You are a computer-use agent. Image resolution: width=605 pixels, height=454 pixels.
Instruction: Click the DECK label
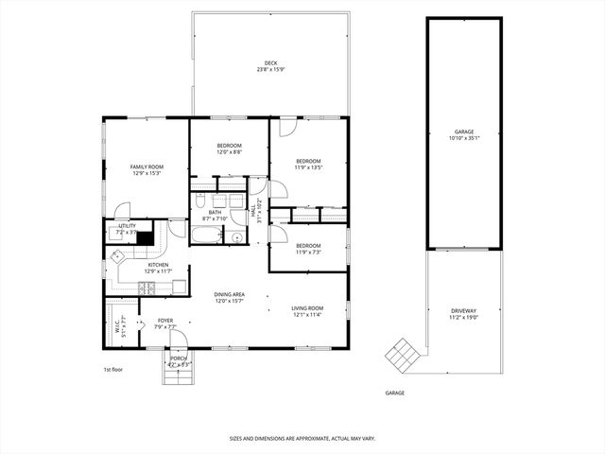270,63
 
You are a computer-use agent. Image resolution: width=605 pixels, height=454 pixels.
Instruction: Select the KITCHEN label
145,265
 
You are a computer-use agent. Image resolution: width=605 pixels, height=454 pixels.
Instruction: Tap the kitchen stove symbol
148,287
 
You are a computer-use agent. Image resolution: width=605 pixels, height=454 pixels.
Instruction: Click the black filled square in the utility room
145,238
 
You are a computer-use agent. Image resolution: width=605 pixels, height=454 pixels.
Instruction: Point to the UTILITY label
127,226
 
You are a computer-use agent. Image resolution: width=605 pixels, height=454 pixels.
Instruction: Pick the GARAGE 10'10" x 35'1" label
464,132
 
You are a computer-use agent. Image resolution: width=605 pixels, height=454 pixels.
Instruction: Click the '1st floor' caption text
113,369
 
